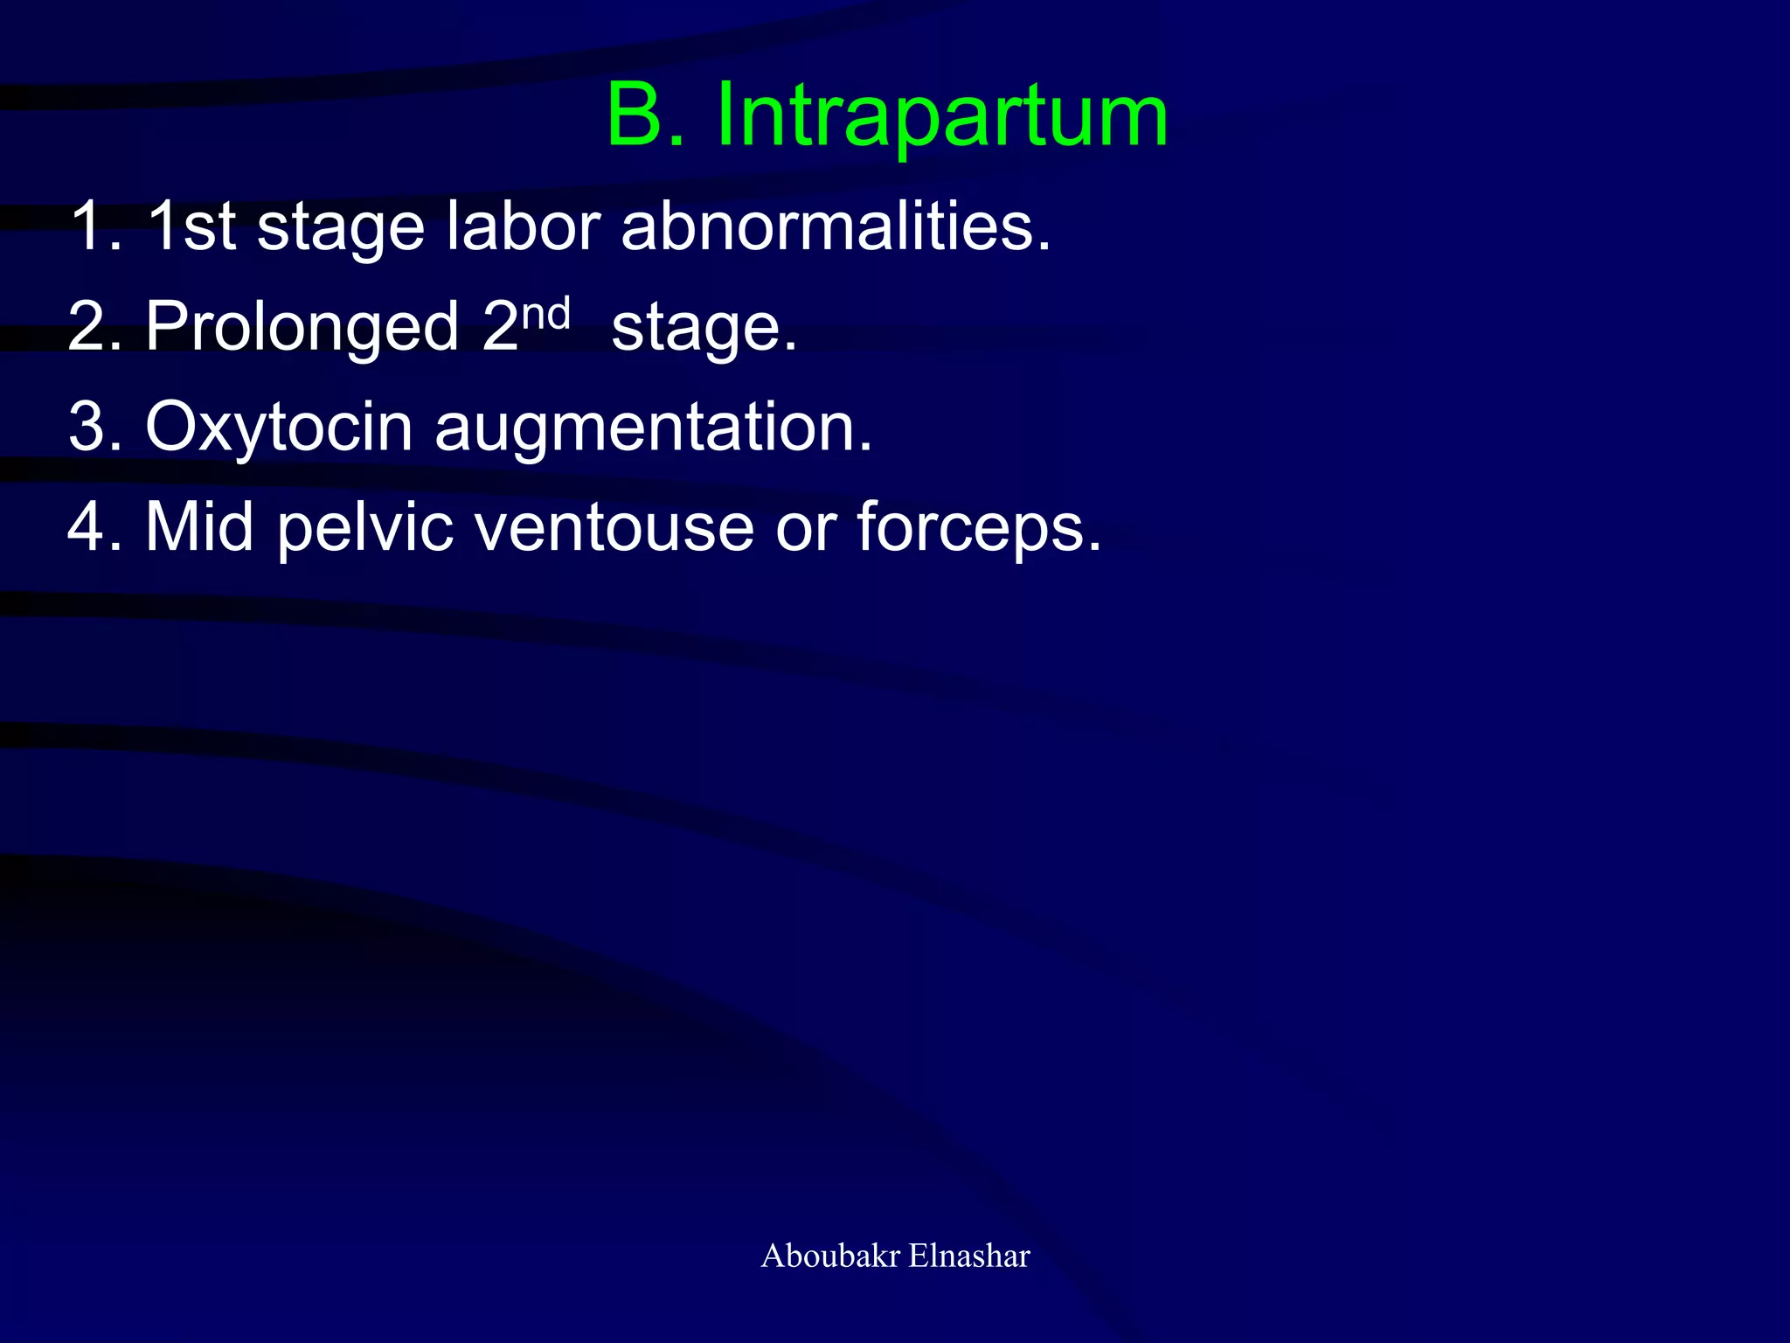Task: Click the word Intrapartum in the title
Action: click(x=941, y=116)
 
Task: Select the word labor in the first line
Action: click(x=523, y=226)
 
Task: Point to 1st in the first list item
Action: click(x=191, y=226)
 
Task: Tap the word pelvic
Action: click(x=365, y=529)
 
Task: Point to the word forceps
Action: click(x=978, y=529)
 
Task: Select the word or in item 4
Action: click(x=803, y=529)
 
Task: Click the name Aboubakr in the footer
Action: click(x=830, y=1256)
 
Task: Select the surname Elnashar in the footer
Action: click(x=969, y=1256)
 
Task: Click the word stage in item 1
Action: click(x=341, y=228)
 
